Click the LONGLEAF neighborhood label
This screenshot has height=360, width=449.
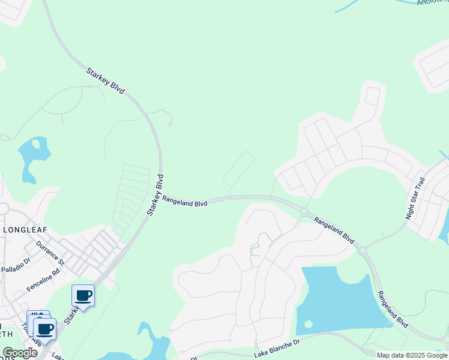point(25,229)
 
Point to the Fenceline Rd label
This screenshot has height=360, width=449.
point(43,280)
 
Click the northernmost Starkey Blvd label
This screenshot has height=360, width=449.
point(105,80)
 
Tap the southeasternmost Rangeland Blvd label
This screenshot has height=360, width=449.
point(393,309)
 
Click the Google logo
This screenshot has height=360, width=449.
point(20,353)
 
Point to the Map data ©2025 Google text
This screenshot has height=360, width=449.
point(412,355)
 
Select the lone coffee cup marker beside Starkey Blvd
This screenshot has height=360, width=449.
point(83,296)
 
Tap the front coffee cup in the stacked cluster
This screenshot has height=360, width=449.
point(45,329)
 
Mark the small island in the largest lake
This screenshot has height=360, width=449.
point(309,324)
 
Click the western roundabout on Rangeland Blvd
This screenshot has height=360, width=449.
point(305,211)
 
